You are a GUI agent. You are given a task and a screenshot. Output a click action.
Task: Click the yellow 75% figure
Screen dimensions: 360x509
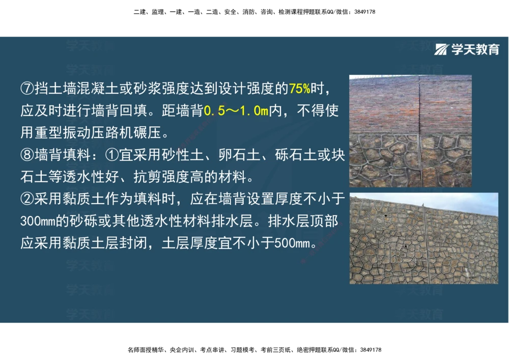coord(299,89)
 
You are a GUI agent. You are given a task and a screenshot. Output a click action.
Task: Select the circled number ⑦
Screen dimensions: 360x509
coord(27,89)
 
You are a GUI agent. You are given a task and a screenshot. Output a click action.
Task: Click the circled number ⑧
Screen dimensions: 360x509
coord(27,155)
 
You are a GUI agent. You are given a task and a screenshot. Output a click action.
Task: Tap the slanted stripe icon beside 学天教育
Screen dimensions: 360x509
coord(442,49)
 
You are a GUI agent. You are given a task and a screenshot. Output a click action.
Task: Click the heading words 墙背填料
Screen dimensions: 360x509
coord(55,155)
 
